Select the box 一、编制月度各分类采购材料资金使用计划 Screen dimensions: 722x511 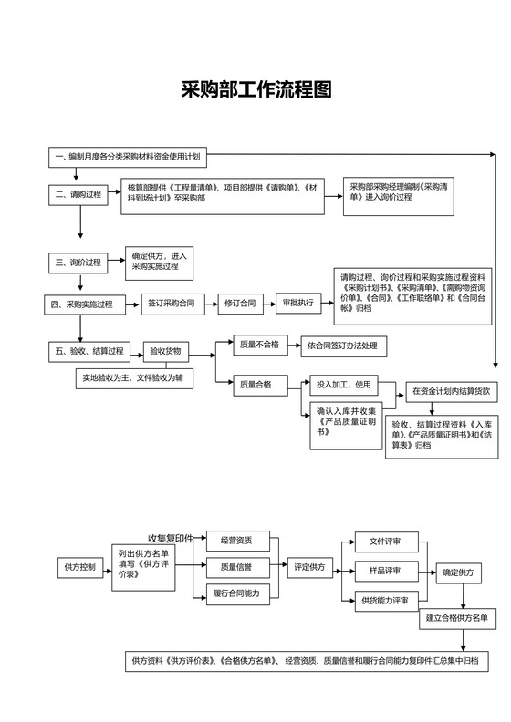(127, 158)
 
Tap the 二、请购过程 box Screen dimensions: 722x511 (78, 194)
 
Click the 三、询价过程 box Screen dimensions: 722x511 (78, 263)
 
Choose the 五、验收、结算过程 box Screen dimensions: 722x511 (90, 350)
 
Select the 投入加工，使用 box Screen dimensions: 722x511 (344, 384)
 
